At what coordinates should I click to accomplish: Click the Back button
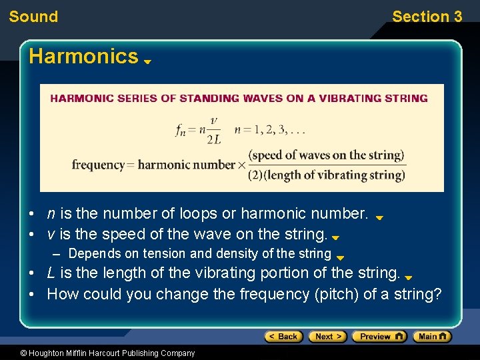click(283, 337)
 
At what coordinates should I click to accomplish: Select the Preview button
click(379, 337)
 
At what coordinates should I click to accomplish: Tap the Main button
click(432, 337)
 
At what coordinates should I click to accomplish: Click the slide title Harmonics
click(83, 56)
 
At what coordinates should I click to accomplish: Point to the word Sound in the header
click(33, 17)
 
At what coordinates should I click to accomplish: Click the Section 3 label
click(427, 17)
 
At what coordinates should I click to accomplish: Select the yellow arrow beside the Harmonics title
click(148, 61)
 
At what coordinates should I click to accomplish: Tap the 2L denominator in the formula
click(214, 139)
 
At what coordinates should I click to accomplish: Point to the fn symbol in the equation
click(181, 130)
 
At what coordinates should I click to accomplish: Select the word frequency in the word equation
click(98, 165)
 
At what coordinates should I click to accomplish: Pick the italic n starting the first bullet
click(51, 214)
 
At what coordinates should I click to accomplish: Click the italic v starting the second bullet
click(51, 235)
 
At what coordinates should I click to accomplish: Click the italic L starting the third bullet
click(51, 273)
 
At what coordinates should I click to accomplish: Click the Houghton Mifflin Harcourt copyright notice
click(107, 353)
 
